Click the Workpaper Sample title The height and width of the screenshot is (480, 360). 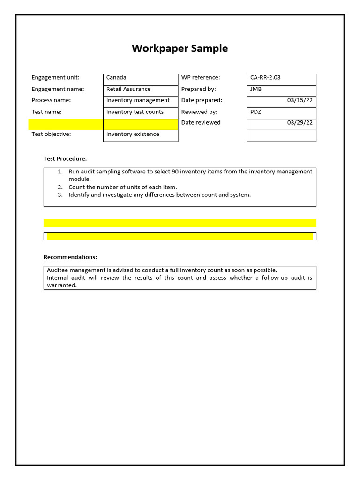coord(180,48)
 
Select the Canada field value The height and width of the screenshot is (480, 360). coord(116,78)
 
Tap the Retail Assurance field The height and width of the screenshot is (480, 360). coord(128,89)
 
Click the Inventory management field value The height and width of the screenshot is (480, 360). coord(138,100)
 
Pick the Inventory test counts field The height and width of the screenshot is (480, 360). coord(135,112)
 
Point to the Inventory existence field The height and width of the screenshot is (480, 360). coord(133,135)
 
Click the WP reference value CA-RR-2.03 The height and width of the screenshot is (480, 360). coord(265,78)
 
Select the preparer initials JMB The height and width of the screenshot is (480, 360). coord(256,89)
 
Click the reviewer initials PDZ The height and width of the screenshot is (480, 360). coord(255,112)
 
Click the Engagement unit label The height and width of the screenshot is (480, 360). coord(55,78)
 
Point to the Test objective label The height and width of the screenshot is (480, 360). coord(51,135)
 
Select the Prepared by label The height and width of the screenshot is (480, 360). coord(198,89)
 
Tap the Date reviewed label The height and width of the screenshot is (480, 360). coord(201,123)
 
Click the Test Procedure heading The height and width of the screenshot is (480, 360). coord(65,159)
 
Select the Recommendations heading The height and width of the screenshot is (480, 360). coord(70,257)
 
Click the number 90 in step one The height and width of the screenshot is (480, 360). coord(174,172)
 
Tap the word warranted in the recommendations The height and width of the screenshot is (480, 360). coord(61,285)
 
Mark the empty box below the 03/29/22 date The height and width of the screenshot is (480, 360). coord(281,136)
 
